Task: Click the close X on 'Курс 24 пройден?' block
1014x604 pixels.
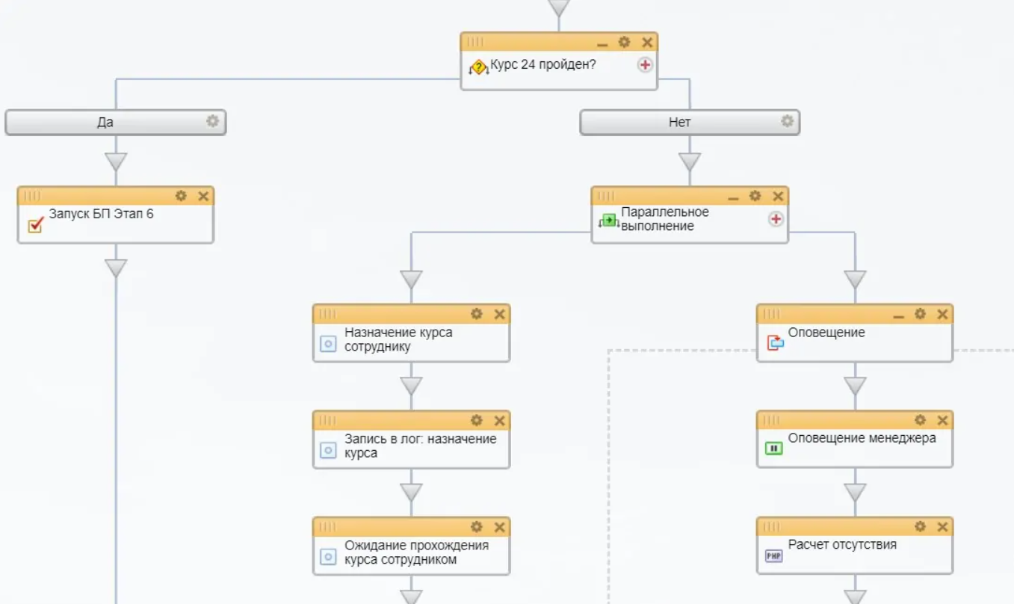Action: point(647,43)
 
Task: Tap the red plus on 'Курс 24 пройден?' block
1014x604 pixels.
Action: point(645,65)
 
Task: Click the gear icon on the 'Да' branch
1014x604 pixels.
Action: point(213,121)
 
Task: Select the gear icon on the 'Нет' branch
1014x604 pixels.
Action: point(787,121)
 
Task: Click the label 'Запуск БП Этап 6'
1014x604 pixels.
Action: point(101,214)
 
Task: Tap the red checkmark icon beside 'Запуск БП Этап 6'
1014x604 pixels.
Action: point(35,224)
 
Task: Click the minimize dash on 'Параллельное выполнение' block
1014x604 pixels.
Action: point(733,197)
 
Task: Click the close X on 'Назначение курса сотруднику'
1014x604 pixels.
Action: point(500,314)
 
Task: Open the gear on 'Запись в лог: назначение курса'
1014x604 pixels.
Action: point(477,420)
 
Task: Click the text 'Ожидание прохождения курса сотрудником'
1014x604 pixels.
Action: point(416,552)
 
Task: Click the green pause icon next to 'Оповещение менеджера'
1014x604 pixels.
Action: point(774,449)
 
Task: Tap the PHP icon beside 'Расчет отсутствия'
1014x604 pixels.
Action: point(774,556)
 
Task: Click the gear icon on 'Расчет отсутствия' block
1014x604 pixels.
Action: point(920,526)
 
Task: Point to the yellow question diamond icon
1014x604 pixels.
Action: point(478,68)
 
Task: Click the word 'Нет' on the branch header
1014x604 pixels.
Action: point(679,122)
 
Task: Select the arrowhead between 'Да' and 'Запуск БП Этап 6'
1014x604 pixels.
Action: point(116,161)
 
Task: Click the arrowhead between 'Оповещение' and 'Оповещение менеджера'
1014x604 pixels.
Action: point(855,386)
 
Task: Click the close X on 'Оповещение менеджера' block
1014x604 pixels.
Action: point(943,420)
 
